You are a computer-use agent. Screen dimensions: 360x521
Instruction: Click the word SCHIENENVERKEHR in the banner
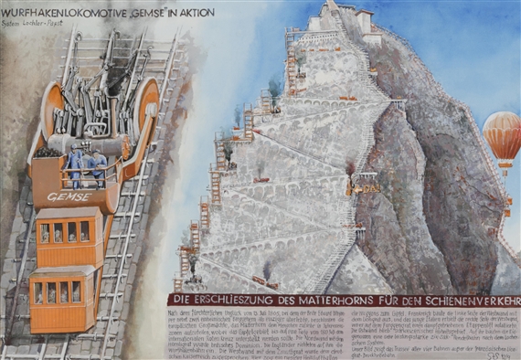point(465,300)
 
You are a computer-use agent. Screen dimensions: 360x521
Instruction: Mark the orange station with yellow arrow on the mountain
point(364,185)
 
